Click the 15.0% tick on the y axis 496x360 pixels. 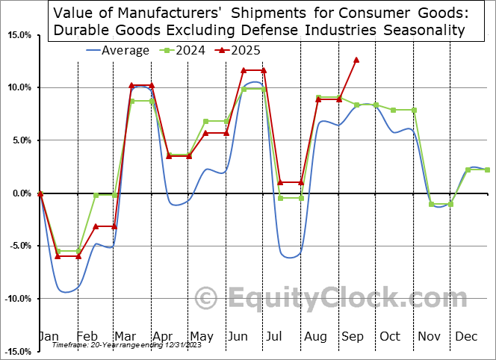20,36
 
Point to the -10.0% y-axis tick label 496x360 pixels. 18,299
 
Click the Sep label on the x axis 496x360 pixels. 353,336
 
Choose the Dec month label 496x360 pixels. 466,336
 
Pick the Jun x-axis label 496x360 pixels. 238,336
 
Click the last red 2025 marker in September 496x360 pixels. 356,60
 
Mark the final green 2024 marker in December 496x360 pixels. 487,170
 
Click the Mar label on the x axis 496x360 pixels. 125,336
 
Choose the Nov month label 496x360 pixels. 430,336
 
